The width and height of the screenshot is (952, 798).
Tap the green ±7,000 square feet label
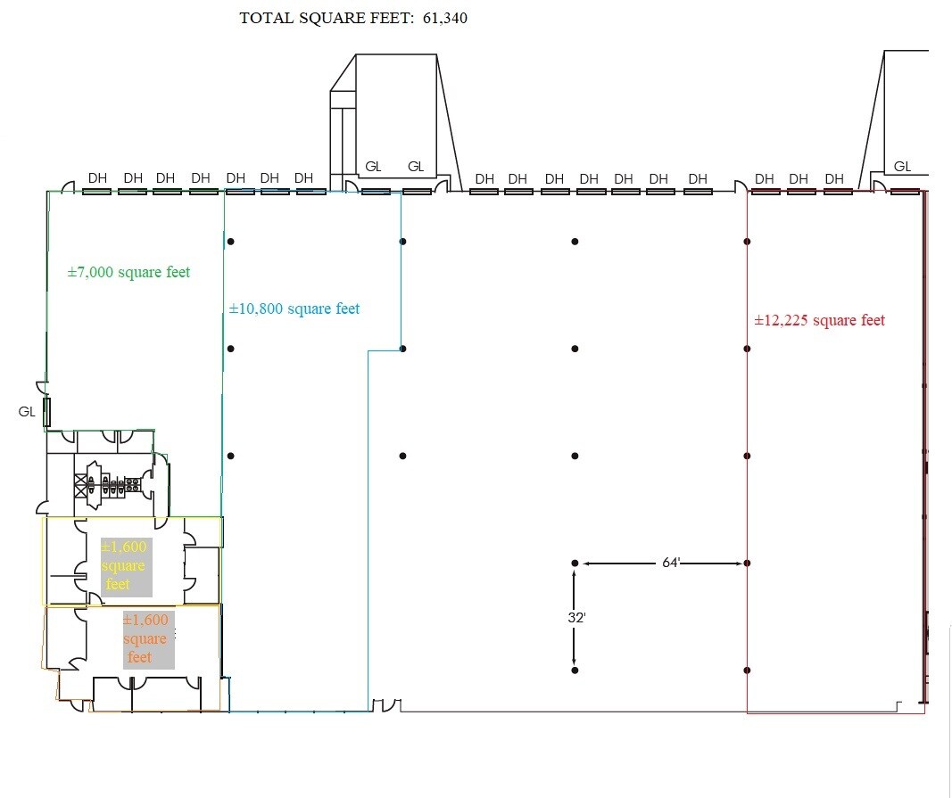pyautogui.click(x=128, y=272)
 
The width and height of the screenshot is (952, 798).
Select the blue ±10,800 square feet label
pyautogui.click(x=294, y=309)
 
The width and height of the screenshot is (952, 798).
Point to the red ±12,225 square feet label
pyautogui.click(x=819, y=320)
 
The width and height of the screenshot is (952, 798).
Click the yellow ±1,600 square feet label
pyautogui.click(x=124, y=565)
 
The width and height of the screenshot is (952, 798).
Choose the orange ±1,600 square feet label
pyautogui.click(x=145, y=638)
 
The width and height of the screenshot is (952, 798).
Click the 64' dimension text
pyautogui.click(x=671, y=563)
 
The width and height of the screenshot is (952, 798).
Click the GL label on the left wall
pyautogui.click(x=26, y=413)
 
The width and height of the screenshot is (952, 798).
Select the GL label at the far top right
pyautogui.click(x=902, y=167)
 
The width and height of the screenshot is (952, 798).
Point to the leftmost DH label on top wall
pyautogui.click(x=97, y=177)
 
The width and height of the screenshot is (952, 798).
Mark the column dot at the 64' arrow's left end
pyautogui.click(x=575, y=564)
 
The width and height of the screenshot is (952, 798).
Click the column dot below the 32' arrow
pyautogui.click(x=575, y=670)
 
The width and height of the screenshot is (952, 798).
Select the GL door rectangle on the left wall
pyautogui.click(x=47, y=412)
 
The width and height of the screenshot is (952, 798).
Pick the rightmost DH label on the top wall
pyautogui.click(x=834, y=178)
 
